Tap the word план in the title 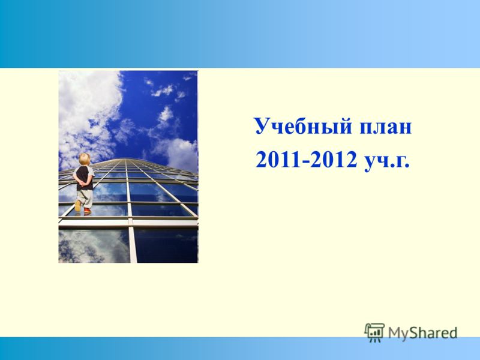tap(386, 127)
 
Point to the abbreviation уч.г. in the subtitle tap(386, 161)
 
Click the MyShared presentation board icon tap(374, 332)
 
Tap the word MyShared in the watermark tap(423, 333)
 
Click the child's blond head tap(85, 159)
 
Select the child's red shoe tap(88, 211)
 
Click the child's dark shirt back tap(83, 178)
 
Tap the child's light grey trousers tap(85, 199)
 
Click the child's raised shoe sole tap(78, 206)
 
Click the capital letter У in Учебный tap(263, 126)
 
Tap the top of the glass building tap(128, 160)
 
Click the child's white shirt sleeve tap(91, 172)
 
